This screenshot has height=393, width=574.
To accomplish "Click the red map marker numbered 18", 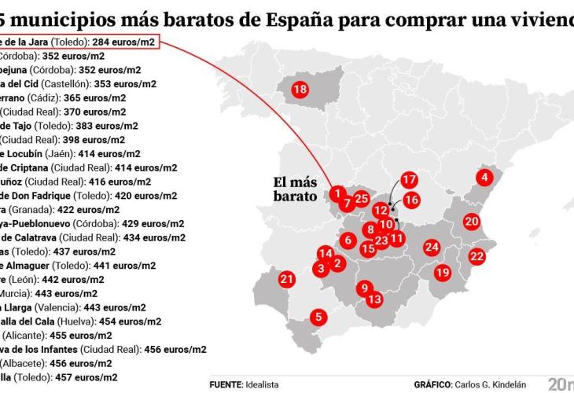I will [300, 90].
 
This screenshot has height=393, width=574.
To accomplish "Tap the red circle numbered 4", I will [485, 178].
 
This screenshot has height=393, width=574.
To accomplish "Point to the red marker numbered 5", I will [318, 318].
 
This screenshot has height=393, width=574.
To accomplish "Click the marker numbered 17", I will [408, 180].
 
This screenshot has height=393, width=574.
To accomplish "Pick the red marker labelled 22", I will [476, 255].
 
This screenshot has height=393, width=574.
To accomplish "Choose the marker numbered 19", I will [443, 272].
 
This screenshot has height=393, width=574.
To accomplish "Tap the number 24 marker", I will [431, 247].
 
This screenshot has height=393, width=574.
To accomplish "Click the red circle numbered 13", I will [374, 299].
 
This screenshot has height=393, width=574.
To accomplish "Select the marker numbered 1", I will [337, 193].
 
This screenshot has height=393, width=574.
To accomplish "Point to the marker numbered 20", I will [472, 222].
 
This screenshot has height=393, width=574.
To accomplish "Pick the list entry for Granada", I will [59, 209].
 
